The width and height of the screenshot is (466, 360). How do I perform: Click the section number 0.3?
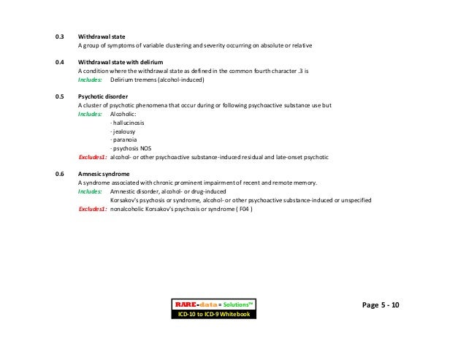click(60, 35)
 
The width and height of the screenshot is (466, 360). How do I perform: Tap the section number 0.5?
click(60, 96)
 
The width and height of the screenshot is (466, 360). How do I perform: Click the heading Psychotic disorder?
click(103, 96)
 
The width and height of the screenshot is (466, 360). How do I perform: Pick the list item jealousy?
click(122, 131)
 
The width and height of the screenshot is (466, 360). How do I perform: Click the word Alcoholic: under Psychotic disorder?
click(123, 114)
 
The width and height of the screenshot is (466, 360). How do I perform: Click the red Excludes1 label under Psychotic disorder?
click(93, 157)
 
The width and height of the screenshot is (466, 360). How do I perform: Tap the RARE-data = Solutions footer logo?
click(212, 303)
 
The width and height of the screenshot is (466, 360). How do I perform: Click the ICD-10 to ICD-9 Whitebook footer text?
click(212, 314)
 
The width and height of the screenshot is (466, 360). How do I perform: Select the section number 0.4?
click(60, 63)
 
